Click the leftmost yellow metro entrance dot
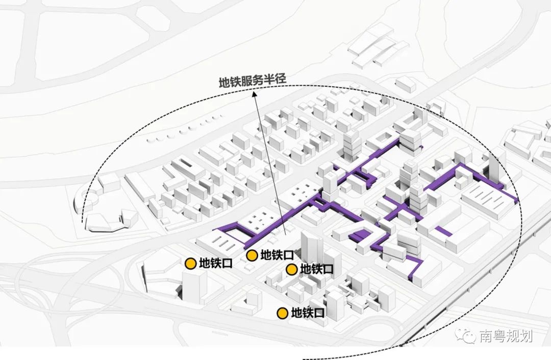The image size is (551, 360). point(190,263)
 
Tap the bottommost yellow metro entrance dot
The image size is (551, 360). point(282,313)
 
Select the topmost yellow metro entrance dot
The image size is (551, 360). point(252,256)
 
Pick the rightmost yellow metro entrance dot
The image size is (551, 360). point(291,270)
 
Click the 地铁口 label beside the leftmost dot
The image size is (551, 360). point(216,263)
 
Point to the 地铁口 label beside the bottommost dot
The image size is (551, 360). point(308,313)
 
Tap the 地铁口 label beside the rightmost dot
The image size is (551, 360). point(317,269)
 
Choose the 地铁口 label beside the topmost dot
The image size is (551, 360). point(277,255)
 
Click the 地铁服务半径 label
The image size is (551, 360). point(253,81)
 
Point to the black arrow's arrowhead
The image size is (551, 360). point(254,93)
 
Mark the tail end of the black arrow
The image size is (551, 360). point(285,234)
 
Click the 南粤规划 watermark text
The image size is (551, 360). point(506,337)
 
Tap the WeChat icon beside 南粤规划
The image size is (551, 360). point(466,335)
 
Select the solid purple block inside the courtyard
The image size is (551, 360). point(360,235)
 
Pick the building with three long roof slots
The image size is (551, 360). point(216,243)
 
